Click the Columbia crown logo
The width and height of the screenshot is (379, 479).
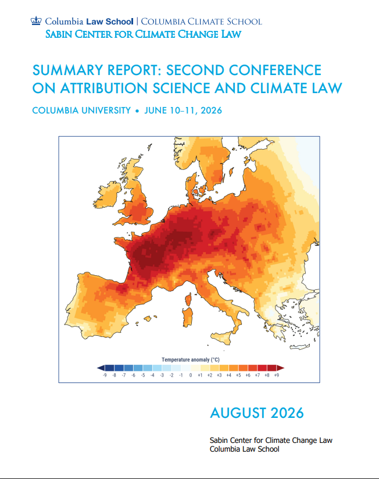click(x=36, y=21)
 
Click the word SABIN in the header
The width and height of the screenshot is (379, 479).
click(x=59, y=34)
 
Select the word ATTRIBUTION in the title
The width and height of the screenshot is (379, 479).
click(x=104, y=88)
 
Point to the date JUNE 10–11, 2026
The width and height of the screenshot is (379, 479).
click(x=183, y=110)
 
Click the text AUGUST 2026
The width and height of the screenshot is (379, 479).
click(x=257, y=413)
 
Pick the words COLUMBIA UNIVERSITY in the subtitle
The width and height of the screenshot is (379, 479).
click(x=81, y=110)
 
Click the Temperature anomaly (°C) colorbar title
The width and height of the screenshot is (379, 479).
click(x=191, y=360)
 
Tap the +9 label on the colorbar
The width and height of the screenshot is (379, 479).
click(x=277, y=375)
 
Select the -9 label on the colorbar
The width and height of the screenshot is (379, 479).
click(x=105, y=375)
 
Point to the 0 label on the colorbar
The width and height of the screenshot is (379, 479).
click(x=191, y=375)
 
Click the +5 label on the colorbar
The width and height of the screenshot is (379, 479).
click(x=238, y=375)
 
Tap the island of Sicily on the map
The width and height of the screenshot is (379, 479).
click(x=222, y=339)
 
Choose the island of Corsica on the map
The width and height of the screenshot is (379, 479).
click(x=188, y=299)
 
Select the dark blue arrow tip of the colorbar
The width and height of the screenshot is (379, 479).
click(x=101, y=368)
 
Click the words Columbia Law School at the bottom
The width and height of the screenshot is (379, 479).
click(x=244, y=449)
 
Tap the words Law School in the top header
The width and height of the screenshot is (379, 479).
click(x=110, y=22)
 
